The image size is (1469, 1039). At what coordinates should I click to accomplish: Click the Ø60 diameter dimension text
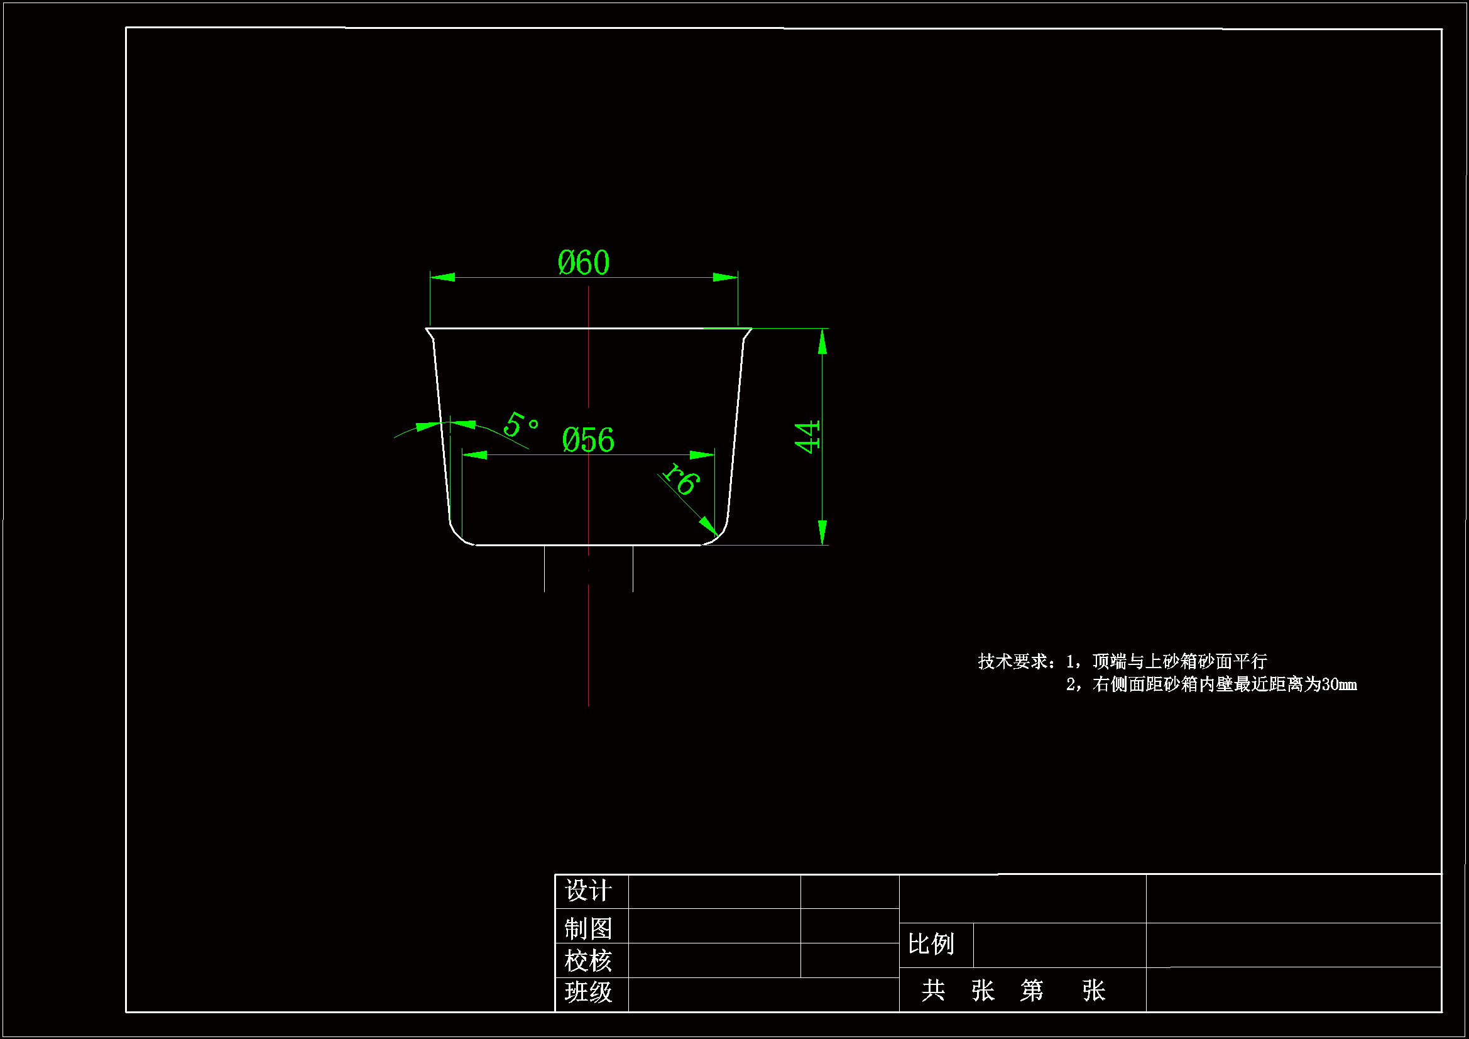coord(583,263)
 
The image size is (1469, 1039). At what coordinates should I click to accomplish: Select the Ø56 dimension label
coord(588,441)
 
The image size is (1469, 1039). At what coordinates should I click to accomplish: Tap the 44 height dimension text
coord(807,437)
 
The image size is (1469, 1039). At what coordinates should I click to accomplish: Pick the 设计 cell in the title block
coord(588,891)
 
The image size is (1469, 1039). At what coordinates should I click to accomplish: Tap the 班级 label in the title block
coord(588,992)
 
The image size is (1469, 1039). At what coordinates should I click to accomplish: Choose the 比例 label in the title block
coord(931,944)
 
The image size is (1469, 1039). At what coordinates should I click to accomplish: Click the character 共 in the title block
coord(933,991)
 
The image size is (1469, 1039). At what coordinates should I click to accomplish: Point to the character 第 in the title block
coord(1031,991)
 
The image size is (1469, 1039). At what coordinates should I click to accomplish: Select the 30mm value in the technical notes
coord(1338,685)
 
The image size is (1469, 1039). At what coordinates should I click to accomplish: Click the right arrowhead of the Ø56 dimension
coord(702,454)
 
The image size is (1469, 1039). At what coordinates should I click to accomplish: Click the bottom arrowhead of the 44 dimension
coord(822,532)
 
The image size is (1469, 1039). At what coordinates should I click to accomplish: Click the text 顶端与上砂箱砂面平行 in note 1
coord(1179,661)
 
